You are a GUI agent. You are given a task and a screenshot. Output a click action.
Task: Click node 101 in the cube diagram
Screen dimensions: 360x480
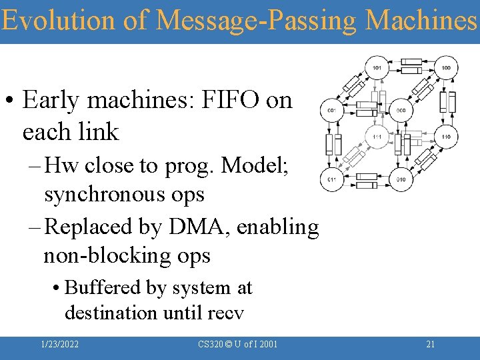(x=377, y=67)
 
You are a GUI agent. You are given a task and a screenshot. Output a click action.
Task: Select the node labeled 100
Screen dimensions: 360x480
(x=445, y=67)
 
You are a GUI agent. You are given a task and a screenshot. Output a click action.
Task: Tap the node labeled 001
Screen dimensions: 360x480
(x=331, y=110)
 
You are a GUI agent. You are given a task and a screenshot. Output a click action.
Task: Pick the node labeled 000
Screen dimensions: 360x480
(x=401, y=110)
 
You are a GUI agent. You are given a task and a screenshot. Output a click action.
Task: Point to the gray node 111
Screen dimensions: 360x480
(x=377, y=137)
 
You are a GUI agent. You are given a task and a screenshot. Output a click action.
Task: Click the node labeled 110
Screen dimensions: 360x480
(x=445, y=137)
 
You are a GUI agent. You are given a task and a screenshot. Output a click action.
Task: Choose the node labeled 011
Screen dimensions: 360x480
(x=331, y=179)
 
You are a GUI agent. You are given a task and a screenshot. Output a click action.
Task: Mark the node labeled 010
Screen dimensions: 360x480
(x=401, y=179)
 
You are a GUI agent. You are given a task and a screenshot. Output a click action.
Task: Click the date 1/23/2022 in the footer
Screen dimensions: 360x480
(x=59, y=345)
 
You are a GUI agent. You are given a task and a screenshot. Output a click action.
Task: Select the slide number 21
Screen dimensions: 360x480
(x=430, y=345)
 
